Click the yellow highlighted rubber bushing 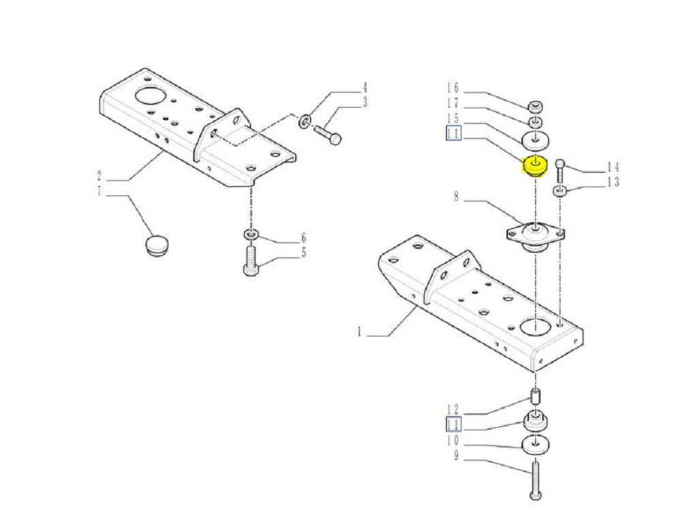tap(534, 166)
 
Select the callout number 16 tap(453, 88)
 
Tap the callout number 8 tap(456, 196)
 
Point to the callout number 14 tap(613, 168)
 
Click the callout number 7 tap(99, 191)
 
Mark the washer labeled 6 tap(251, 234)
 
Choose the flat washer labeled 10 tap(535, 445)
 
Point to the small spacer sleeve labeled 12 tap(536, 396)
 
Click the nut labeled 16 tap(536, 107)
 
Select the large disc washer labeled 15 tap(535, 140)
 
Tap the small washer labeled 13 tap(560, 191)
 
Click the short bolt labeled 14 tap(560, 170)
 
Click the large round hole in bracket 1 tap(535, 326)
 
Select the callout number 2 tap(99, 176)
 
